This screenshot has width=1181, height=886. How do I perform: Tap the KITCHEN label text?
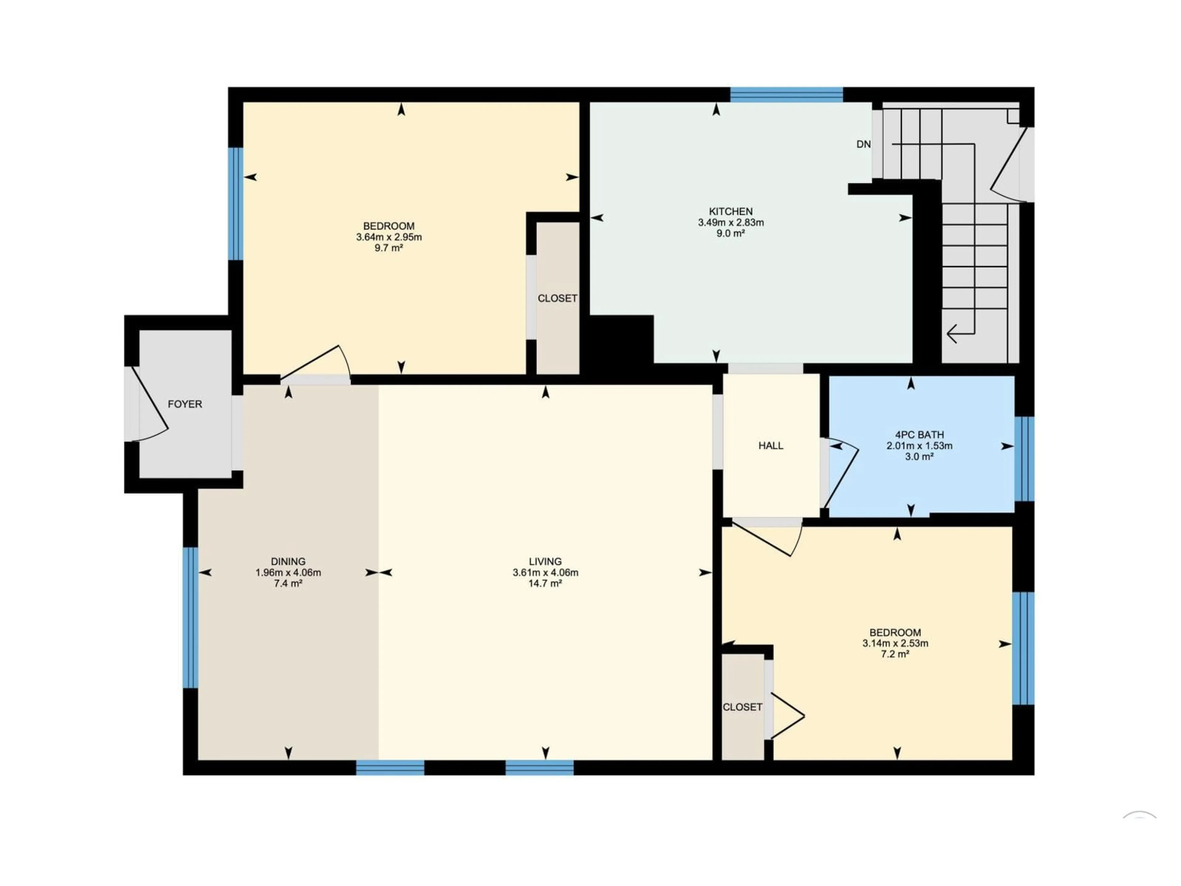tap(730, 211)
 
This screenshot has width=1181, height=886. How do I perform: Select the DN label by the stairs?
tap(863, 144)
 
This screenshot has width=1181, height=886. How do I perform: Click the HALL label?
tap(770, 445)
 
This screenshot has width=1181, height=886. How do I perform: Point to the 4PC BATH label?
tap(919, 435)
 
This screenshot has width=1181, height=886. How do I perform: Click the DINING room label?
tap(288, 561)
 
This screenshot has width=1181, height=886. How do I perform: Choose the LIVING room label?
tap(545, 561)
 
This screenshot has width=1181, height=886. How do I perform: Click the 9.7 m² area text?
tap(389, 248)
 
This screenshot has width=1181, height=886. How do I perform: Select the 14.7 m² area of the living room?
tap(545, 583)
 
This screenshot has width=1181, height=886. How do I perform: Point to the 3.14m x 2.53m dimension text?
tap(895, 643)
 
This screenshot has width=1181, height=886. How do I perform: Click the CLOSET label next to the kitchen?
tap(557, 298)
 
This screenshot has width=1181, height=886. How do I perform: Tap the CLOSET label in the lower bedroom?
tap(742, 707)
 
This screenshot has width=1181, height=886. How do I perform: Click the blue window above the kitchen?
tap(786, 94)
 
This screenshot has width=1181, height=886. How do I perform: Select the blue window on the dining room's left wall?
tap(191, 617)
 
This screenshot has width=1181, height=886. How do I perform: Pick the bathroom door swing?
tap(841, 473)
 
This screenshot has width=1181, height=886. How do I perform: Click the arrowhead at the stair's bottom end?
tap(952, 334)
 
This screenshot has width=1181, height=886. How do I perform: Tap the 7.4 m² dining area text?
tap(288, 583)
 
